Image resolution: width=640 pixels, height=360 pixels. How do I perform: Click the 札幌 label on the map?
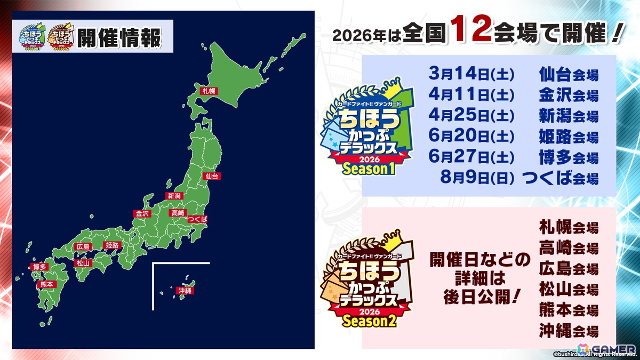pyautogui.click(x=207, y=91)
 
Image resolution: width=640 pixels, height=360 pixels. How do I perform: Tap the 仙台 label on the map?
pyautogui.click(x=212, y=175)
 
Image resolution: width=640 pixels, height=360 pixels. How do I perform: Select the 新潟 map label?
pyautogui.click(x=174, y=195)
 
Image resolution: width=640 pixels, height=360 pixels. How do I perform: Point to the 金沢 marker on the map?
pyautogui.click(x=142, y=213)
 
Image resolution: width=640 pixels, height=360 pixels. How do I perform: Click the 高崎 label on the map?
pyautogui.click(x=177, y=213)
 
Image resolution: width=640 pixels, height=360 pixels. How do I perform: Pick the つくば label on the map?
pyautogui.click(x=197, y=219)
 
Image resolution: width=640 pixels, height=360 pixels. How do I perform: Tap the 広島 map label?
pyautogui.click(x=83, y=246)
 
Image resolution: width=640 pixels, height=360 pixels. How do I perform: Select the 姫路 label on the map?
pyautogui.click(x=112, y=245)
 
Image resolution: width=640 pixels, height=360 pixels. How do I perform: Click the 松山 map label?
pyautogui.click(x=83, y=263)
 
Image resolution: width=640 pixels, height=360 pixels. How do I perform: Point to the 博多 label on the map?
pyautogui.click(x=39, y=266)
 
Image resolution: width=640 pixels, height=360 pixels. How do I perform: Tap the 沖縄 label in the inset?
pyautogui.click(x=185, y=291)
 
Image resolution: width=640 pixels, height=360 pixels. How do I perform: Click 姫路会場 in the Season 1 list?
pyautogui.click(x=569, y=137)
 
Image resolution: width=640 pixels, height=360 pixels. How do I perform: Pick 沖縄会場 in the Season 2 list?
pyautogui.click(x=569, y=330)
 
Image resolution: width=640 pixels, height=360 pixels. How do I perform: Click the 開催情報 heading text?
pyautogui.click(x=118, y=37)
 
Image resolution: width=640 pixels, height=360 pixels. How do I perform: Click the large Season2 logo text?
pyautogui.click(x=367, y=322)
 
